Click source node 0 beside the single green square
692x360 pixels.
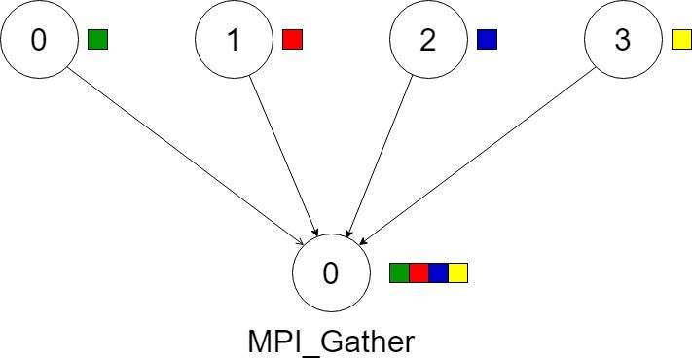point(39,40)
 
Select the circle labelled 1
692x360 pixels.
point(234,40)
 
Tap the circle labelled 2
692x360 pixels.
point(428,40)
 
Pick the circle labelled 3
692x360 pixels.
point(623,40)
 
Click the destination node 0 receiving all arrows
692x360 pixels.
point(331,273)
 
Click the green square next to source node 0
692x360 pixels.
point(97,40)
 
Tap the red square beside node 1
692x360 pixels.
point(292,40)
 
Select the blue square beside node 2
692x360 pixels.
point(487,40)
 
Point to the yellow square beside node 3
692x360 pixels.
point(681,40)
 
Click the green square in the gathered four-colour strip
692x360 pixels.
point(399,272)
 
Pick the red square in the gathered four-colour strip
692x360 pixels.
point(419,272)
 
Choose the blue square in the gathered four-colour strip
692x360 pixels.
point(438,272)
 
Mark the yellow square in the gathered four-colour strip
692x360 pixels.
point(457,272)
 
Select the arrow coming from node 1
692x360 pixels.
point(282,156)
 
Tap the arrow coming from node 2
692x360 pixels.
point(381,156)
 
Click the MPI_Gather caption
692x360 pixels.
point(331,342)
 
